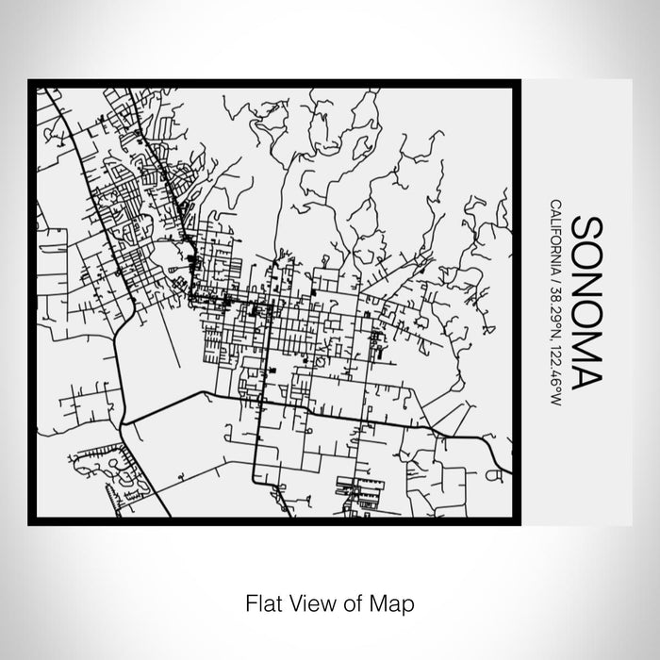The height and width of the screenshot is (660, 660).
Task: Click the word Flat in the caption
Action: (x=262, y=601)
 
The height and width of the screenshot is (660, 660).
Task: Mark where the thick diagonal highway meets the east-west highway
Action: (x=125, y=419)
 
